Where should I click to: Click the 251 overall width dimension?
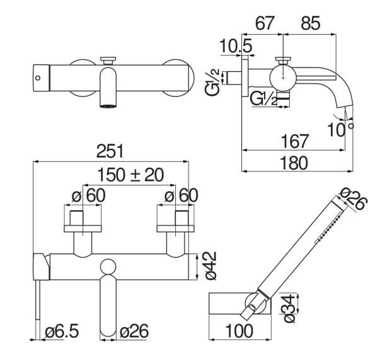pyautogui.click(x=110, y=151)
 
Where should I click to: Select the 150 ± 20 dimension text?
pyautogui.click(x=130, y=175)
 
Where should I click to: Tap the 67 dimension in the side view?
pyautogui.click(x=265, y=23)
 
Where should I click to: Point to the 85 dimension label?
pyautogui.click(x=311, y=23)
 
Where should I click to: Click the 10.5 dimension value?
pyautogui.click(x=236, y=46)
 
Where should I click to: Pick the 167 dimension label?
pyautogui.click(x=295, y=141)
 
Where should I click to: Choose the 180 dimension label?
pyautogui.click(x=294, y=163)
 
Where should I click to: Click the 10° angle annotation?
pyautogui.click(x=340, y=129)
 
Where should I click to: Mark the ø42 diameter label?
pyautogui.click(x=211, y=265)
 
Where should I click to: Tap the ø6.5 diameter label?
pyautogui.click(x=62, y=331)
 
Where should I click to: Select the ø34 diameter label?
pyautogui.click(x=289, y=308)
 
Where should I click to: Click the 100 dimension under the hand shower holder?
pyautogui.click(x=239, y=331)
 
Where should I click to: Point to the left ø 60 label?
pyautogui.click(x=88, y=195)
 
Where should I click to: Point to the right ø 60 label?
pyautogui.click(x=181, y=195)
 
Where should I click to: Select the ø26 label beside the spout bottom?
pyautogui.click(x=134, y=331)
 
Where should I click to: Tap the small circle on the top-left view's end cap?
pyautogui.click(x=38, y=78)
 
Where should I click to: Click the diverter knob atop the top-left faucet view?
pyautogui.click(x=108, y=61)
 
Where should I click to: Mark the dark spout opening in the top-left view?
pyautogui.click(x=108, y=106)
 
